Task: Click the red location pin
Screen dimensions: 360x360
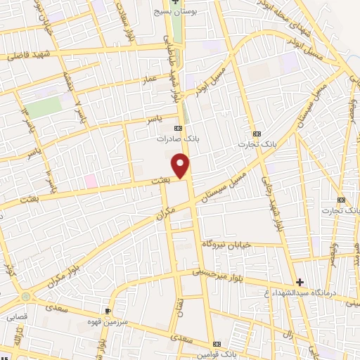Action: click(x=181, y=165)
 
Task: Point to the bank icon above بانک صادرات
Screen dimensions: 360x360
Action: click(x=178, y=128)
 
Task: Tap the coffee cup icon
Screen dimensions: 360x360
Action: click(x=108, y=310)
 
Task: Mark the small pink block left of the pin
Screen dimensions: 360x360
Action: click(x=91, y=181)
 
